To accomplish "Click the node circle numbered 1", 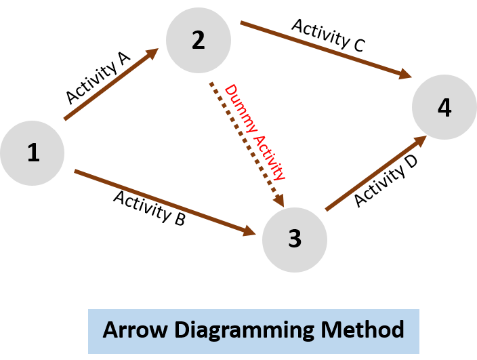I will [32, 153].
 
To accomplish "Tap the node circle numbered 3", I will [295, 239].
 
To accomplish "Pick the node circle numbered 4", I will [444, 108].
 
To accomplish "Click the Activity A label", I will [98, 79].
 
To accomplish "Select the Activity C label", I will [329, 35].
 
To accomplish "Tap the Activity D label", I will [386, 181].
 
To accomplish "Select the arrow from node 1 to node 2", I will [112, 84].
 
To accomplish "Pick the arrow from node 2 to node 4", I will [325, 51].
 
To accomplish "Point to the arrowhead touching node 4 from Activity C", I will [406, 75].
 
